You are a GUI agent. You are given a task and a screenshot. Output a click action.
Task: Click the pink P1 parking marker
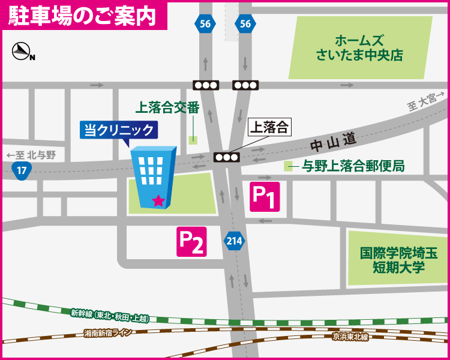(265, 196)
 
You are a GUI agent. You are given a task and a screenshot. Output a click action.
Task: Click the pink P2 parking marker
(191, 241)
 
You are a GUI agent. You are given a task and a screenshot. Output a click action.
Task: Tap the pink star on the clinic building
(158, 200)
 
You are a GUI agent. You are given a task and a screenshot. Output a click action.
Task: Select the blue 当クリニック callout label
(119, 130)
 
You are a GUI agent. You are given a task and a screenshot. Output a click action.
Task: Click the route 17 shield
(22, 171)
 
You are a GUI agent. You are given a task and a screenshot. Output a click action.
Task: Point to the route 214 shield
(235, 241)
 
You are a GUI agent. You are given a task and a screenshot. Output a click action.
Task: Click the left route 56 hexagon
(205, 24)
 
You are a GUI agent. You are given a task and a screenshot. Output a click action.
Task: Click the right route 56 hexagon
(245, 24)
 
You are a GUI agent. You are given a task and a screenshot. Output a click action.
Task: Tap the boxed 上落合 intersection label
(269, 127)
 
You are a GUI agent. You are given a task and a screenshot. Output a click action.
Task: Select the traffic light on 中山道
(227, 158)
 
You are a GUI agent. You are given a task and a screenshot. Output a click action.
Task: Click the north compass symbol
(23, 52)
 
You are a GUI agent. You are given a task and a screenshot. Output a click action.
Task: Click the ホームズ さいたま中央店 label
(359, 49)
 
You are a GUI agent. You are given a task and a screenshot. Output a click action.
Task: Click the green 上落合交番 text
(167, 107)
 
